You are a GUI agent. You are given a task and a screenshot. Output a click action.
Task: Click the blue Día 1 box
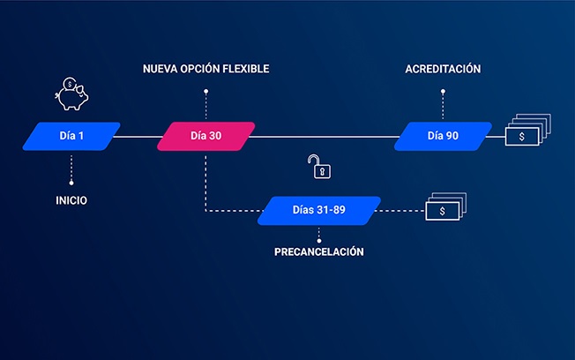(x=71, y=137)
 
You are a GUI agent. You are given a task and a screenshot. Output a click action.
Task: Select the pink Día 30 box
(x=206, y=137)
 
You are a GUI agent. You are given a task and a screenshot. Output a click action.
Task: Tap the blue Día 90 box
(x=443, y=137)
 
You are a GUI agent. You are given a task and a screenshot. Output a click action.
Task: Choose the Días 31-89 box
(x=319, y=211)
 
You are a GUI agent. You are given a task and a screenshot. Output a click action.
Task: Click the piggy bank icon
(x=71, y=94)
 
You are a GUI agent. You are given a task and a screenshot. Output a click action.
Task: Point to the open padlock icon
(x=315, y=165)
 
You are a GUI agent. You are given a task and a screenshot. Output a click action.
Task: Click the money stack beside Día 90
(x=526, y=134)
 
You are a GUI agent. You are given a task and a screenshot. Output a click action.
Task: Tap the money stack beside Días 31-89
(x=445, y=208)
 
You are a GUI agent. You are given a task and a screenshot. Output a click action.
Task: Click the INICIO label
(x=71, y=200)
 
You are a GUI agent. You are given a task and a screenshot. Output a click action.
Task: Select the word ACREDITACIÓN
(x=443, y=69)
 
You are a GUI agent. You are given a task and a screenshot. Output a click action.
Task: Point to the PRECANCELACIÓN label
(x=319, y=251)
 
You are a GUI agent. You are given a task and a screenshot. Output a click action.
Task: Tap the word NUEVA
(x=161, y=69)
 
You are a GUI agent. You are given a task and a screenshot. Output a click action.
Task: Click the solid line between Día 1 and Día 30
(x=136, y=137)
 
